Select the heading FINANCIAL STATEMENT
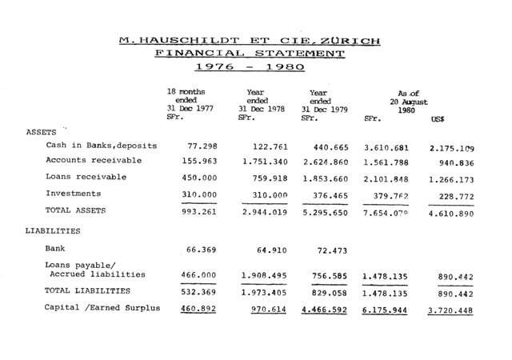[x=250, y=53]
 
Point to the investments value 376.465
[x=330, y=194]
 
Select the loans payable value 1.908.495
[x=262, y=275]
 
